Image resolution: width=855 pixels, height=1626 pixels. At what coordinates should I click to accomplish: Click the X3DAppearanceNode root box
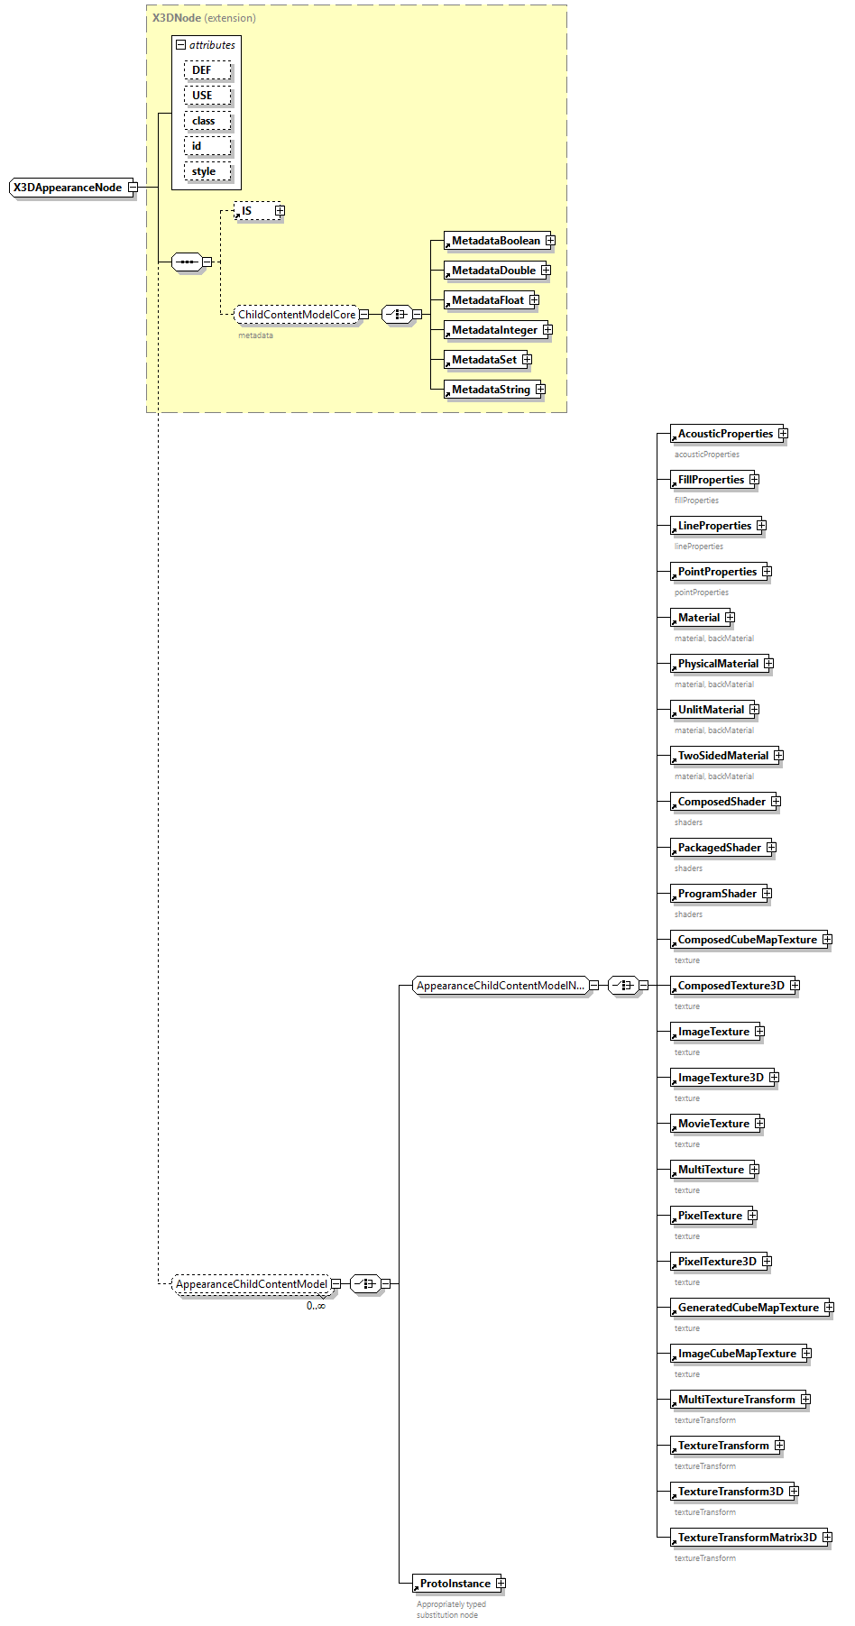[x=68, y=188]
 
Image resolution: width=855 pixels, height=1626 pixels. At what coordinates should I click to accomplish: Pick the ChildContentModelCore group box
[x=297, y=315]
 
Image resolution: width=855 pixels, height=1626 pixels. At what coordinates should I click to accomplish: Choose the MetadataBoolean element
[x=495, y=241]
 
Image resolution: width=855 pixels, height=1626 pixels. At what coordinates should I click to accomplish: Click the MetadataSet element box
[x=483, y=360]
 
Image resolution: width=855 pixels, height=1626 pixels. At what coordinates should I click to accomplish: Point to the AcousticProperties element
[x=725, y=434]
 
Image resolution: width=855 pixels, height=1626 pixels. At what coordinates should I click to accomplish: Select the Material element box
[x=699, y=618]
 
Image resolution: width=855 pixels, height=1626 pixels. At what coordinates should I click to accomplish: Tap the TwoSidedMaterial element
[x=722, y=756]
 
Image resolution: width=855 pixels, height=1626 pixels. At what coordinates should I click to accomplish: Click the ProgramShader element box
[x=717, y=894]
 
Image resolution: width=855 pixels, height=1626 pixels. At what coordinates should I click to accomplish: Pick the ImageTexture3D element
[x=721, y=1078]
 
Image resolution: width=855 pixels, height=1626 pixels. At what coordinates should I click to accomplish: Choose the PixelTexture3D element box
[x=717, y=1262]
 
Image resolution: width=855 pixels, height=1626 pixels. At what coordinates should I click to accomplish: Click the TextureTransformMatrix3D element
[x=747, y=1538]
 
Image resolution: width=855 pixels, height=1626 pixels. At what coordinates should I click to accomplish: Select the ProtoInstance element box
[x=455, y=1584]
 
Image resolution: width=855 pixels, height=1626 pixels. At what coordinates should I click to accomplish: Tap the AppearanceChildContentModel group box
[x=252, y=1284]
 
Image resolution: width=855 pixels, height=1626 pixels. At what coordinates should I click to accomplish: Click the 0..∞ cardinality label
[x=316, y=1306]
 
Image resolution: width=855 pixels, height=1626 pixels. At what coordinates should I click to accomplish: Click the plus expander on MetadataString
[x=540, y=390]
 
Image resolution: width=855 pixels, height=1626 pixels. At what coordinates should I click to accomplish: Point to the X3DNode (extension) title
[x=204, y=18]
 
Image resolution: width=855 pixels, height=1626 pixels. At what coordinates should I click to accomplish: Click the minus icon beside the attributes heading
[x=180, y=45]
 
